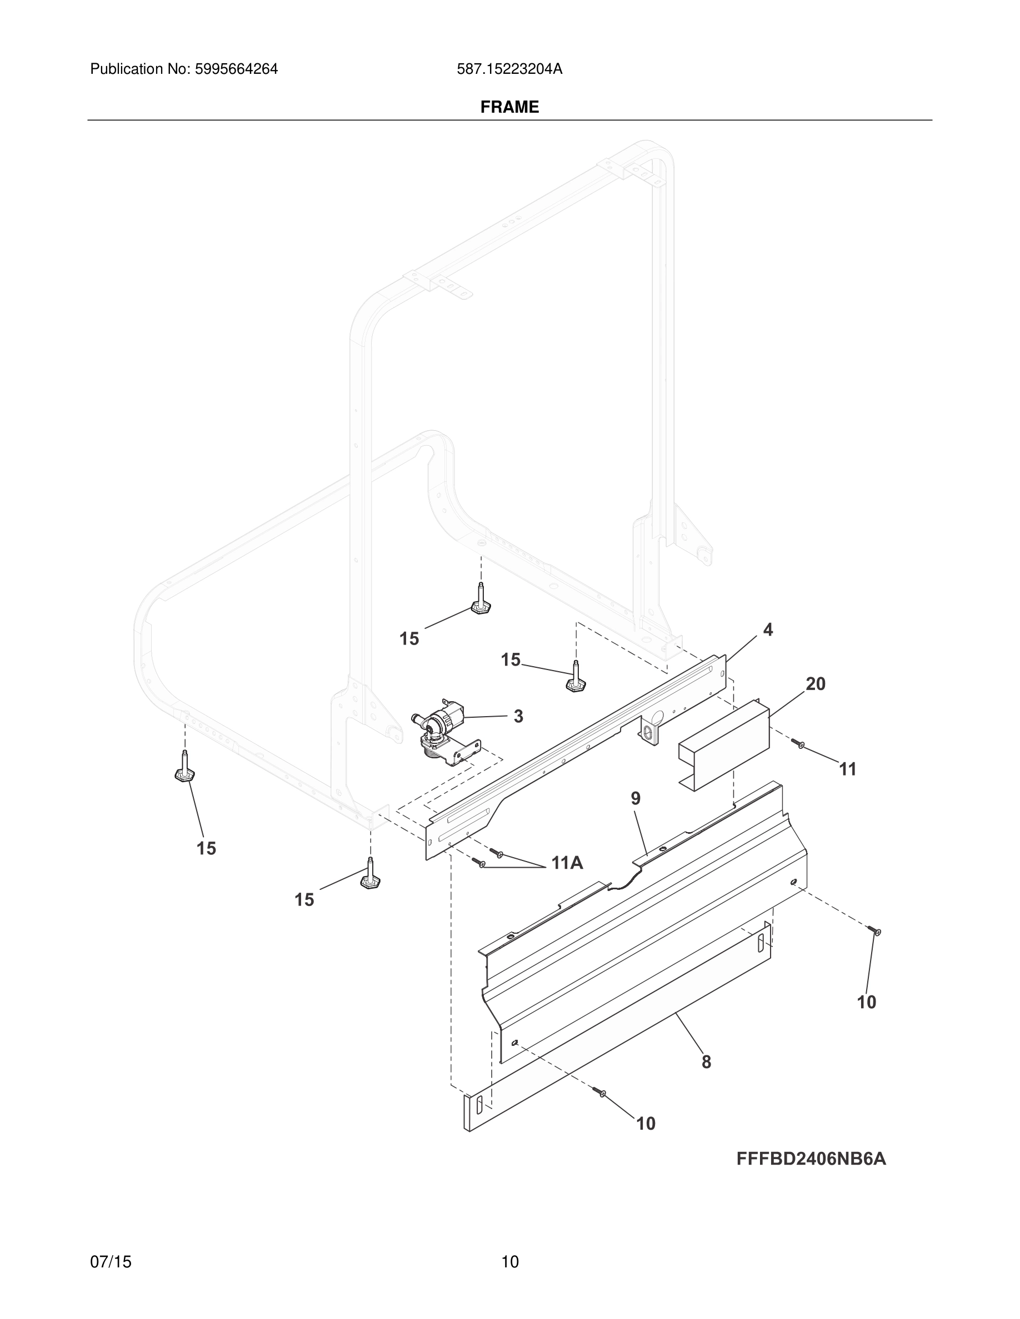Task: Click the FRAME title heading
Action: pyautogui.click(x=509, y=107)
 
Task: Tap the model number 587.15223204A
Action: pyautogui.click(x=509, y=69)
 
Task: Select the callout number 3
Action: pyautogui.click(x=518, y=716)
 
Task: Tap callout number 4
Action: pyautogui.click(x=767, y=630)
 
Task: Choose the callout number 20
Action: pyautogui.click(x=815, y=684)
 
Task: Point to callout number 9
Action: pyautogui.click(x=636, y=798)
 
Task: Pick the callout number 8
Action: pyautogui.click(x=706, y=1062)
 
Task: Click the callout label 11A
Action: pyautogui.click(x=567, y=863)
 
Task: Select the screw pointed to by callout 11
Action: pyautogui.click(x=798, y=744)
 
